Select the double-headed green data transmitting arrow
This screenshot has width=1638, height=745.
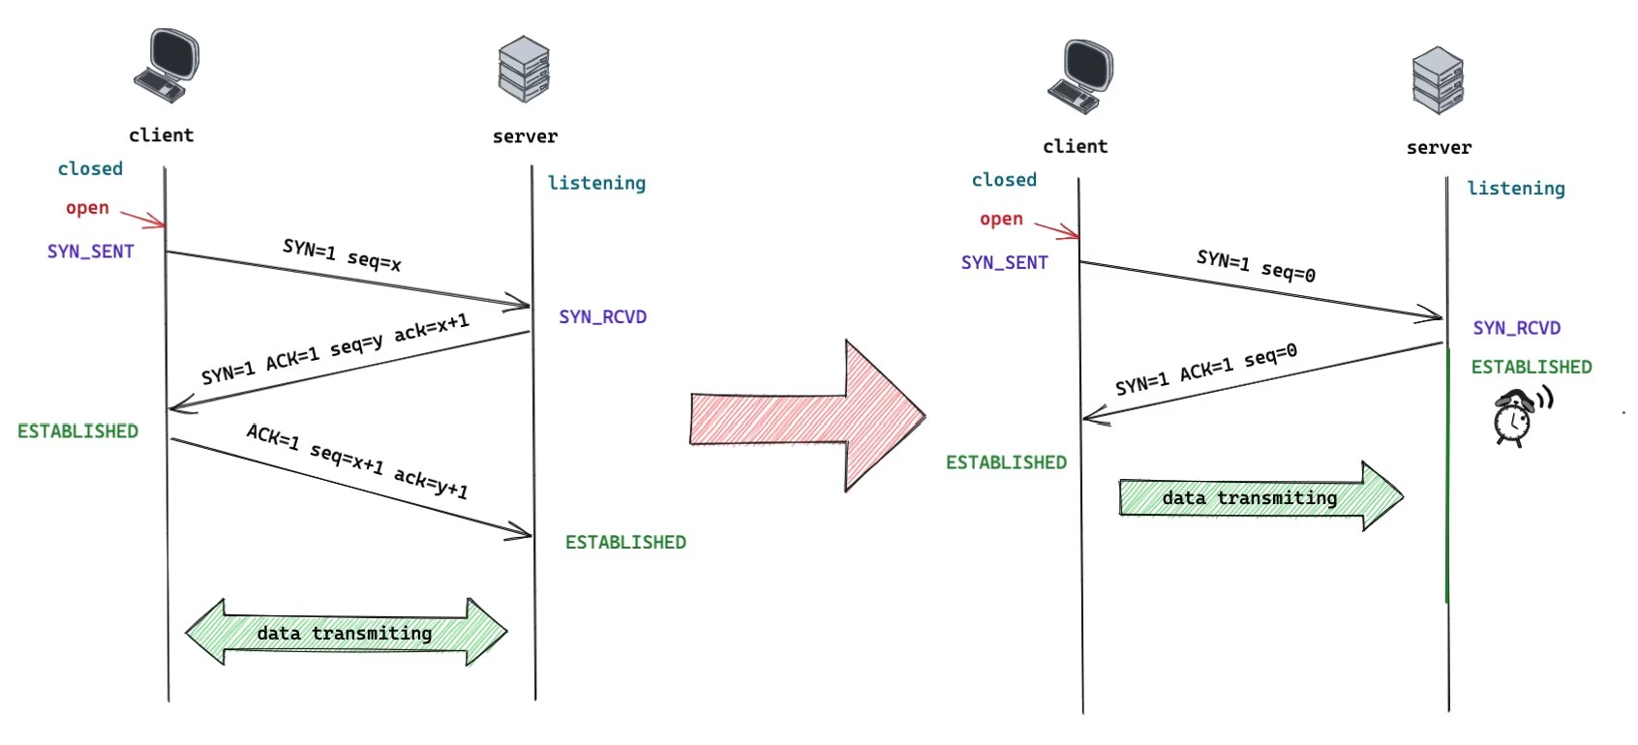(x=346, y=632)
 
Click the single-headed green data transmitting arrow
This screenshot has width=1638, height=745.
(x=1260, y=496)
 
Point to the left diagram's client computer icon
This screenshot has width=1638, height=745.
(x=167, y=66)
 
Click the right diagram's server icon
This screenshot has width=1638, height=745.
(x=1438, y=79)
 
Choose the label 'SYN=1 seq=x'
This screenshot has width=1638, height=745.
(x=343, y=254)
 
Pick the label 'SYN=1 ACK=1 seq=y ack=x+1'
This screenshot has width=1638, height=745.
(x=336, y=348)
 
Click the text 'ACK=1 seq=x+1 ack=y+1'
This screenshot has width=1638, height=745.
(x=357, y=461)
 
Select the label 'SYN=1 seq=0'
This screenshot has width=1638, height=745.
(x=1257, y=265)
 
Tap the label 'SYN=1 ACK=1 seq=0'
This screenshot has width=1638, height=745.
(x=1206, y=369)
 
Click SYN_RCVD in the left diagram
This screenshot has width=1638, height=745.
(x=602, y=316)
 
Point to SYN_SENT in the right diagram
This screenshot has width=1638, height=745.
(x=1004, y=262)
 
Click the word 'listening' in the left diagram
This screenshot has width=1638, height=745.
(x=596, y=183)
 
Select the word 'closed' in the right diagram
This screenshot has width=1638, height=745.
(x=1004, y=180)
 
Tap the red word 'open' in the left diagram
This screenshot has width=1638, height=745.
(x=87, y=208)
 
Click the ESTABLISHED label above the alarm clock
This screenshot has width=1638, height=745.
(x=1532, y=367)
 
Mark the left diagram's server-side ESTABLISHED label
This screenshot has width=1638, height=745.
(x=626, y=542)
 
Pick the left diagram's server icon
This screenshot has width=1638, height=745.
(x=524, y=69)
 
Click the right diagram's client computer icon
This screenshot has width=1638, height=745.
(x=1080, y=76)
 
